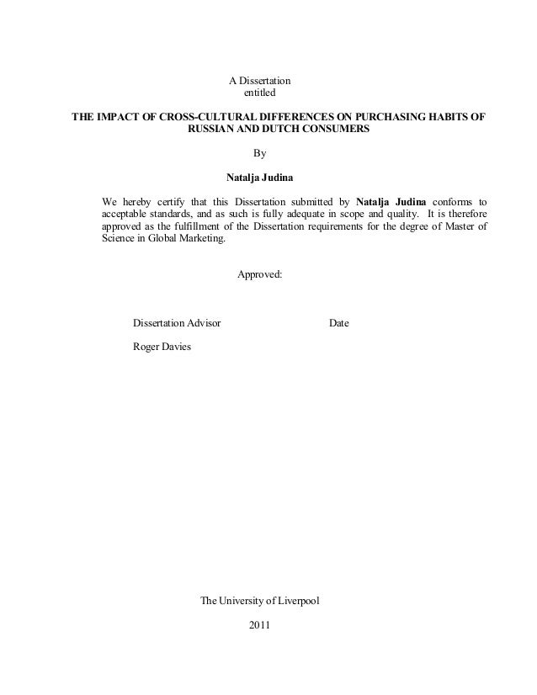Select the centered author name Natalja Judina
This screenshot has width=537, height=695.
pos(260,178)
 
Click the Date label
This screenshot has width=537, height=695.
pos(339,323)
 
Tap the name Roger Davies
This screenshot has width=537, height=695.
pos(162,347)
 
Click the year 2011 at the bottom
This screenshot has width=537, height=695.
pos(261,625)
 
